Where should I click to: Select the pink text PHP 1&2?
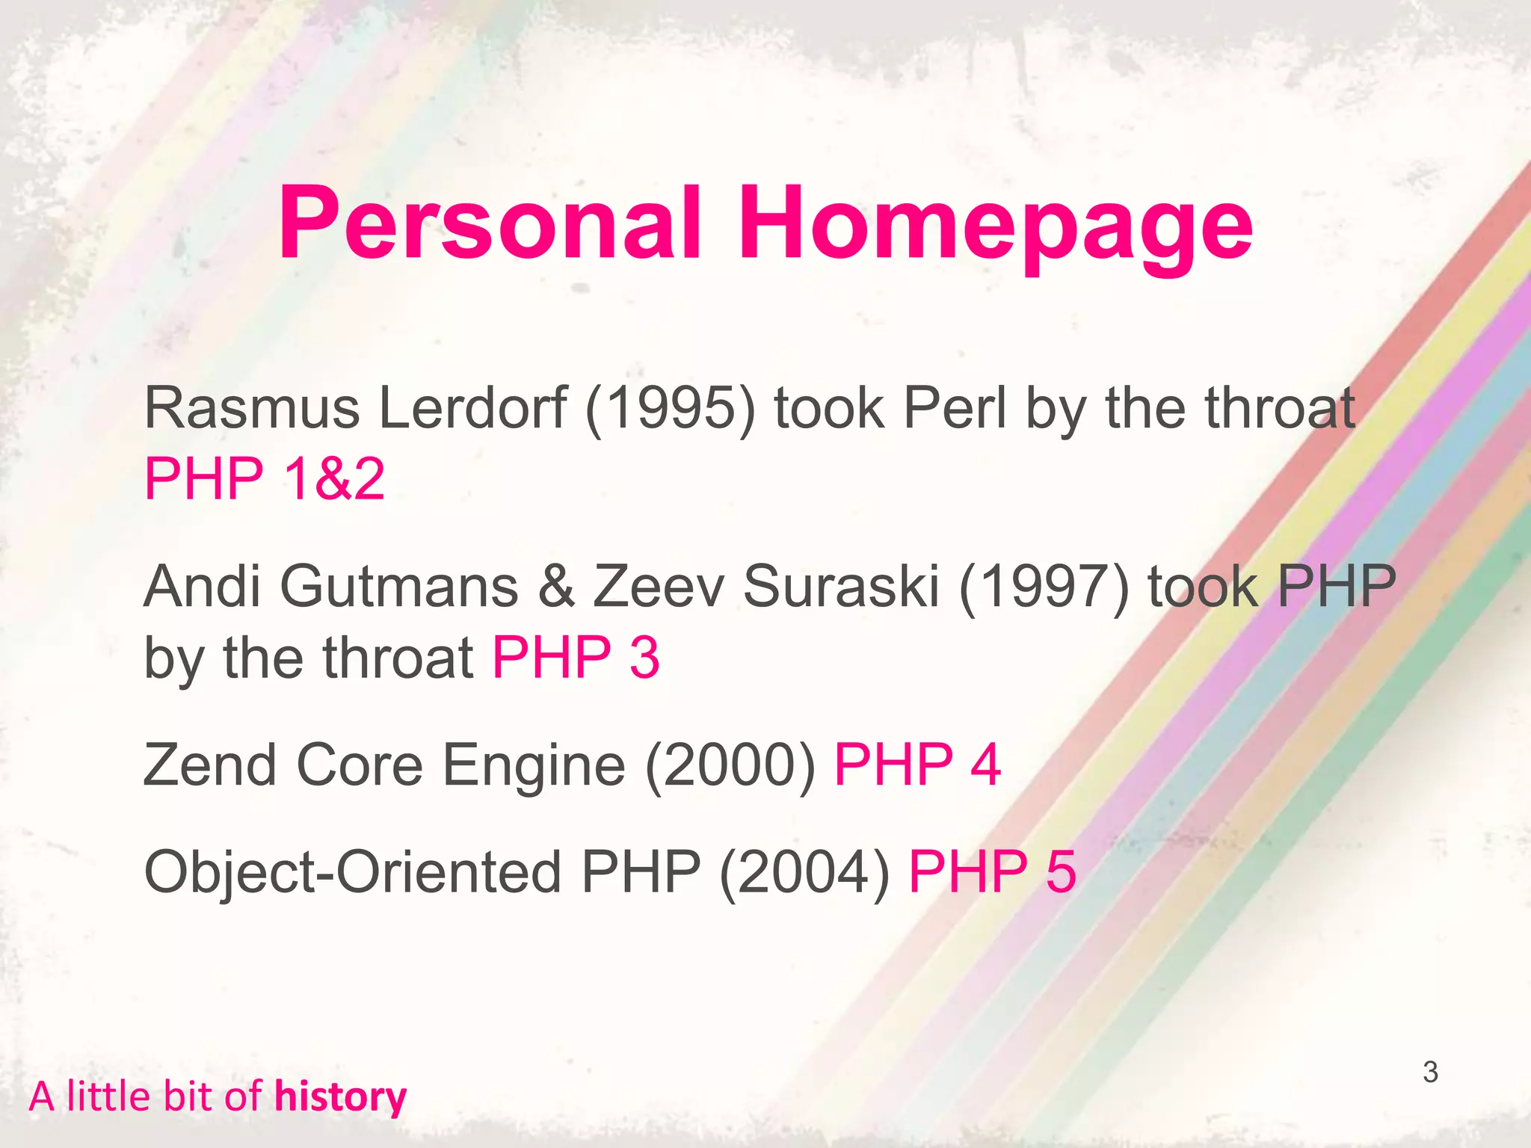pos(265,478)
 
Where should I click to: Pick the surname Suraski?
pos(841,587)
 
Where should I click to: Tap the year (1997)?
pos(1044,587)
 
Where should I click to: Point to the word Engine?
pos(534,766)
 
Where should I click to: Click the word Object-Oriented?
pos(352,871)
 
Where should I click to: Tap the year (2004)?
pos(804,871)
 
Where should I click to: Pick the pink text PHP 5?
pos(992,871)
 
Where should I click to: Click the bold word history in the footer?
pos(340,1097)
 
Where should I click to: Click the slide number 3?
pos(1430,1072)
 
